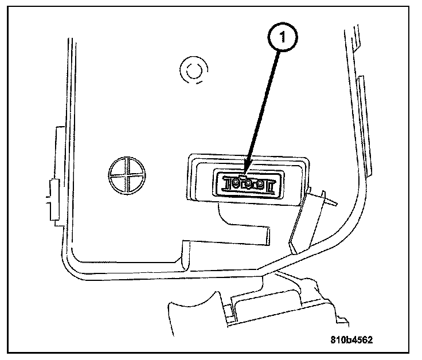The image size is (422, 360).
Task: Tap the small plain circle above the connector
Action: pos(190,71)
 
